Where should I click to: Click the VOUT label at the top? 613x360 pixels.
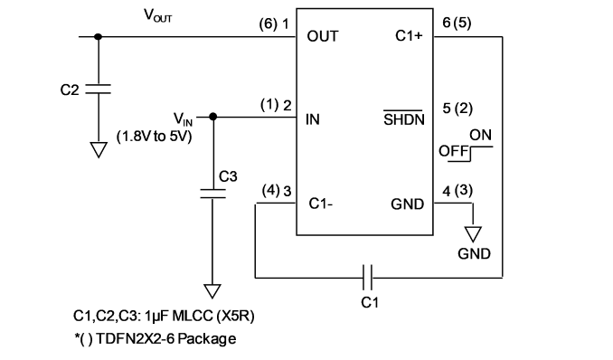(158, 15)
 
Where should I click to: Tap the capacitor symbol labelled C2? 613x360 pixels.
(99, 90)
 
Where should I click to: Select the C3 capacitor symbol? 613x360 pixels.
(212, 194)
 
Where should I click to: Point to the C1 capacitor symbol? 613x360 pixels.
(367, 278)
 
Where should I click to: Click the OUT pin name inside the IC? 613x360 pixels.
(323, 36)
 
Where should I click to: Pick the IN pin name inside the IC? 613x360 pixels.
(313, 119)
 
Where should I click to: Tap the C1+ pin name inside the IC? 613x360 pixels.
(409, 36)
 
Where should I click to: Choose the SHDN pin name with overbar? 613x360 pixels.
(404, 118)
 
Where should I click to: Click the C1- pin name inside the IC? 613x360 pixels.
(321, 204)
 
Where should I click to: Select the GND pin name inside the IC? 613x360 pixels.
(408, 204)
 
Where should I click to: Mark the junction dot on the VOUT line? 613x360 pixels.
(99, 37)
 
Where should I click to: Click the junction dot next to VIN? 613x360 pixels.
(213, 117)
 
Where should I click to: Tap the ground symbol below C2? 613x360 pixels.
(99, 150)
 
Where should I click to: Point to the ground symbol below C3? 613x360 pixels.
(212, 291)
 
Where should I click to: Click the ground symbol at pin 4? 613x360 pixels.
(473, 234)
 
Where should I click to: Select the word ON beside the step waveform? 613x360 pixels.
(480, 135)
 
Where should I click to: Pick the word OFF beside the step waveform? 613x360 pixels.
(454, 151)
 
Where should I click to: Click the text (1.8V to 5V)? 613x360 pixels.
(155, 137)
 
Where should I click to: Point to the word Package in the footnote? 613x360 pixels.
(207, 338)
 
